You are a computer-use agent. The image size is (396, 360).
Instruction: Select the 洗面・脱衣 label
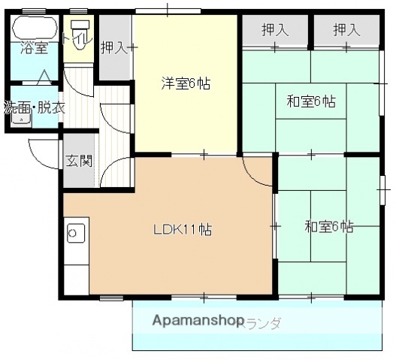(x=35, y=107)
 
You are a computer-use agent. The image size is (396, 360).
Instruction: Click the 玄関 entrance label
(x=78, y=159)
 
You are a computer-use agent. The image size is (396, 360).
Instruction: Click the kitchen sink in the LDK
(x=76, y=234)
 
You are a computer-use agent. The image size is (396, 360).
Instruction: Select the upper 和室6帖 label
(x=310, y=101)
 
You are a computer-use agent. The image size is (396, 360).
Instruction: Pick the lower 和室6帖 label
(x=328, y=226)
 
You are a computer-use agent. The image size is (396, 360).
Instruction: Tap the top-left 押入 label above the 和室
(x=275, y=31)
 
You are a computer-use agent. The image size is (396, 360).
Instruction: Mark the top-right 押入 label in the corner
(x=346, y=31)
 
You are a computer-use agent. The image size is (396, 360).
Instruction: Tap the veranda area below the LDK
(x=316, y=327)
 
